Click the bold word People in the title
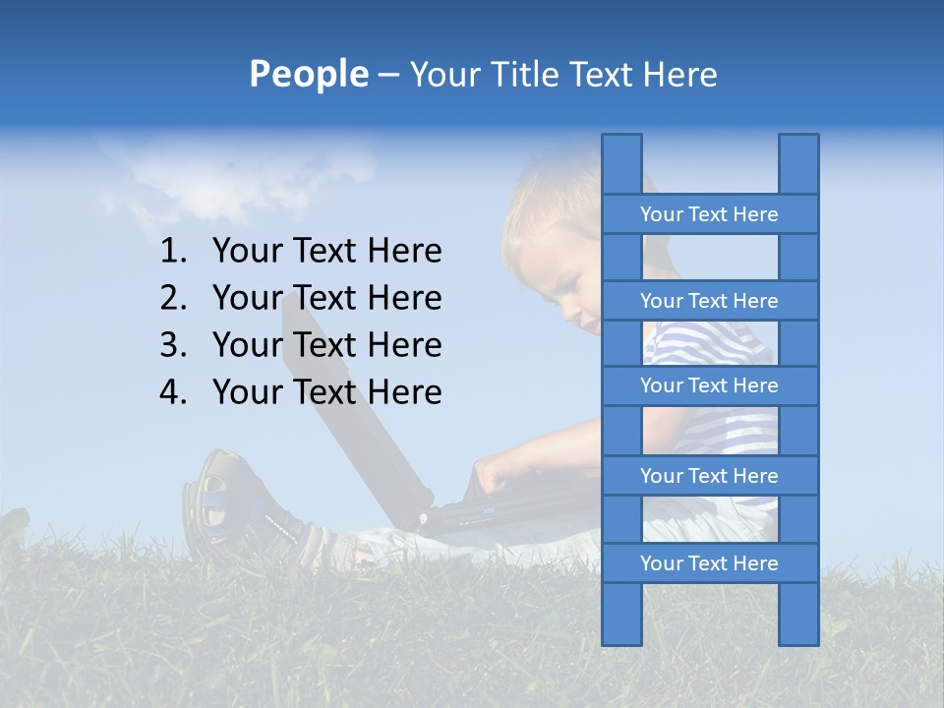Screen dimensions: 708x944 tap(308, 74)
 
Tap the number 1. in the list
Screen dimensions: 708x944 tap(173, 252)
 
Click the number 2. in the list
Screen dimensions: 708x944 tap(173, 298)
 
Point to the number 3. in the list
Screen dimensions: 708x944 tap(173, 345)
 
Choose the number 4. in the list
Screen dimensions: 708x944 tap(173, 392)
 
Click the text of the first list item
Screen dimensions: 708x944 tap(326, 252)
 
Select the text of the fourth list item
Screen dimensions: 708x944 tap(326, 392)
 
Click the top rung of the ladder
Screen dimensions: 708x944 tap(709, 214)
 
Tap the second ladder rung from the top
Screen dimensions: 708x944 tap(709, 301)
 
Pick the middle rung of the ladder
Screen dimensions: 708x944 tap(709, 385)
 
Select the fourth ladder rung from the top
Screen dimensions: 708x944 tap(709, 476)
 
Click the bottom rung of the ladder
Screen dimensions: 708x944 tap(709, 563)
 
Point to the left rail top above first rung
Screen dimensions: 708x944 tap(621, 163)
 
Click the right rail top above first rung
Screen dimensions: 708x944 tap(798, 163)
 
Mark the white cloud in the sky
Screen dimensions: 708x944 tap(236, 177)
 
